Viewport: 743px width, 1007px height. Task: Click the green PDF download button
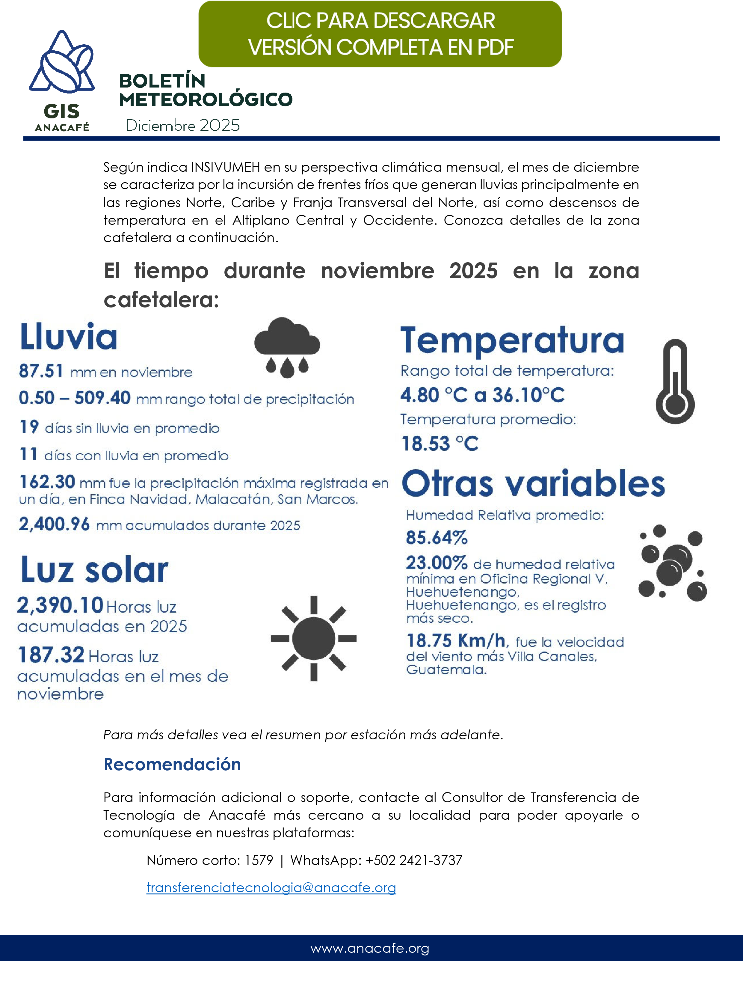(380, 34)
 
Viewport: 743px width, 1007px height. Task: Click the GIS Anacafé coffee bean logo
(62, 63)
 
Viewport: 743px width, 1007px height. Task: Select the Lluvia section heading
(69, 337)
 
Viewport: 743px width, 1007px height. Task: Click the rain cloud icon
(287, 347)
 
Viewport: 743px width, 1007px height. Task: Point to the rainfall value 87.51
(41, 371)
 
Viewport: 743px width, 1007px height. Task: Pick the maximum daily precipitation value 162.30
(47, 482)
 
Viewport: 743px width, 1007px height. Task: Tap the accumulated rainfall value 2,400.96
(55, 524)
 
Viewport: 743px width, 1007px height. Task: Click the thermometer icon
(675, 382)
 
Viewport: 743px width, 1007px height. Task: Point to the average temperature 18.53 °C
(440, 444)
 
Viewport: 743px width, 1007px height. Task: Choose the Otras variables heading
(533, 484)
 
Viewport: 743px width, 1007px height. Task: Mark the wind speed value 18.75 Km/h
(457, 640)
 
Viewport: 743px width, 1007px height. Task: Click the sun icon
(313, 638)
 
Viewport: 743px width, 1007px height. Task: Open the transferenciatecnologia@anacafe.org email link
(271, 887)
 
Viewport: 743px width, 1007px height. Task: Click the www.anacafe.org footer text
(370, 948)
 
